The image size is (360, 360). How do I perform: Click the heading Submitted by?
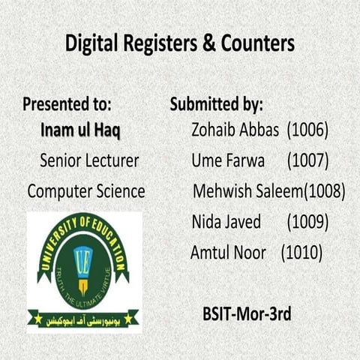coord(216,103)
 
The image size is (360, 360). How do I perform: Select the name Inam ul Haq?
coord(80,130)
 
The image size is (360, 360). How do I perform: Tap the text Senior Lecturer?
coord(88,160)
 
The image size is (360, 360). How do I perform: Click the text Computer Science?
coord(86,190)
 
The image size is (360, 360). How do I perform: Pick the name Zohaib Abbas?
coord(234,130)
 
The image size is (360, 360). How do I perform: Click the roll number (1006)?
coord(307,130)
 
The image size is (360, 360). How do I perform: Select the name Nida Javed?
coord(226,221)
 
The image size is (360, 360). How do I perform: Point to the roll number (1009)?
coord(307,221)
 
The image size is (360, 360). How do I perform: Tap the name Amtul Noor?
coord(228,253)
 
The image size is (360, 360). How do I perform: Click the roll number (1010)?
coord(301,253)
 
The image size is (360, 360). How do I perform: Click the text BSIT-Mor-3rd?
coord(247,313)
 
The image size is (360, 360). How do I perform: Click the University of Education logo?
coord(83,271)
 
